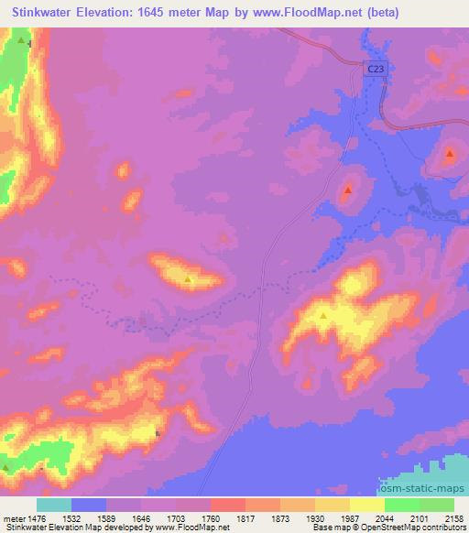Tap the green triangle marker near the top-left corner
tap(21, 40)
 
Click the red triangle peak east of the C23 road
tap(450, 154)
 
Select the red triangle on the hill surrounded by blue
tap(348, 190)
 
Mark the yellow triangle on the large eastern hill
tap(323, 317)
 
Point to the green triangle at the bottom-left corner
tap(7, 468)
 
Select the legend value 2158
tap(455, 519)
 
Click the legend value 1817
tap(245, 519)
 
